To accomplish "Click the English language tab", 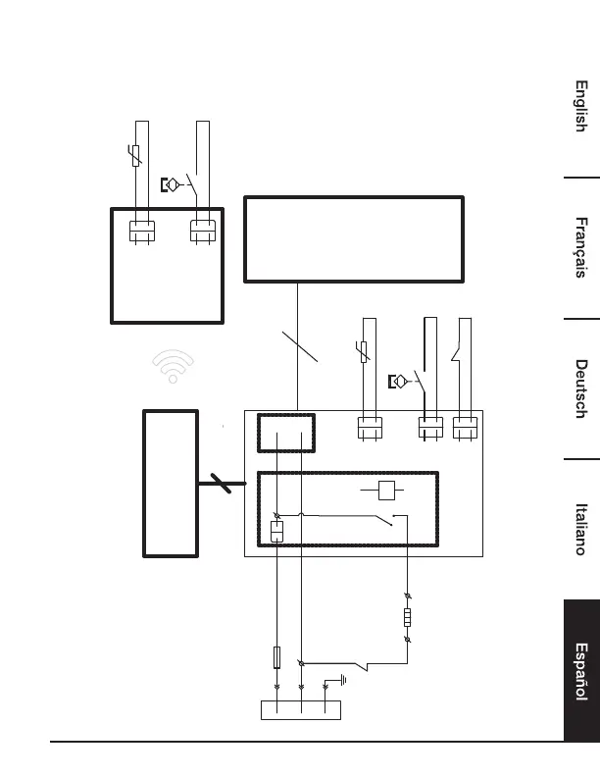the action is tap(580, 107).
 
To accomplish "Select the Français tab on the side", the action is tap(580, 247).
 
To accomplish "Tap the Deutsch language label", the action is tap(580, 389).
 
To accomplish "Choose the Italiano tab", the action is tap(580, 530).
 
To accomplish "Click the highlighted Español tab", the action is tap(580, 672).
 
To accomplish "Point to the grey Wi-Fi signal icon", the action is tap(173, 368).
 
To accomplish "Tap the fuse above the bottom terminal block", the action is tap(277, 656).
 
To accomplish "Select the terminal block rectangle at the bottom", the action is tap(300, 710).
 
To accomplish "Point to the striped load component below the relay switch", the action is tap(408, 618).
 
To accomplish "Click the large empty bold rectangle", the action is tap(352, 239).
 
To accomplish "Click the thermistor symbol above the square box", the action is tap(137, 154).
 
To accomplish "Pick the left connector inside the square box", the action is tap(143, 232).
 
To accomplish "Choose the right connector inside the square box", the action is tap(203, 232).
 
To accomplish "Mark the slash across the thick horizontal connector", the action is tap(222, 481).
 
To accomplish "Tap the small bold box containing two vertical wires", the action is tap(286, 433).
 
